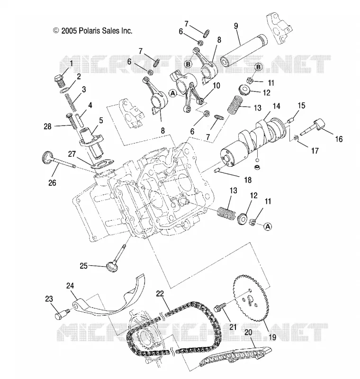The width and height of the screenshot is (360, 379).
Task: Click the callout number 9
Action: tap(236, 26)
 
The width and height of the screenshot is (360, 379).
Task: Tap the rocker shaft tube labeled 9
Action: tap(243, 51)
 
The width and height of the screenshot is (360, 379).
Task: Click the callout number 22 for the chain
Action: tap(160, 293)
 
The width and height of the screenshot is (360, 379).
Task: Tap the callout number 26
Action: tap(52, 183)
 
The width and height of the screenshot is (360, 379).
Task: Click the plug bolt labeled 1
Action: tap(59, 81)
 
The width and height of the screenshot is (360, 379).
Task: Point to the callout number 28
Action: tap(47, 126)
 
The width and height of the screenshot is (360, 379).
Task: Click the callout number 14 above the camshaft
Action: tap(276, 106)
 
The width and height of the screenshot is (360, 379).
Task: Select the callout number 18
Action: tap(248, 180)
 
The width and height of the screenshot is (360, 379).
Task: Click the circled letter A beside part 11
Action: tap(268, 226)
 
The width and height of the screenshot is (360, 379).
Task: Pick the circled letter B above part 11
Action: tap(258, 67)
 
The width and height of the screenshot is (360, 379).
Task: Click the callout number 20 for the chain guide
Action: tap(248, 332)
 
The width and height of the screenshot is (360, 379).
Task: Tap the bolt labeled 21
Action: tap(220, 307)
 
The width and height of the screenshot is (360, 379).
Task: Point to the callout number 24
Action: tap(70, 286)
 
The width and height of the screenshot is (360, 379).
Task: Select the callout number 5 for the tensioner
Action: tap(101, 120)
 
